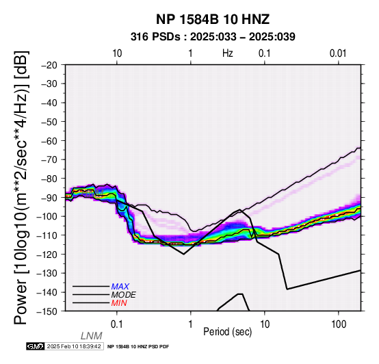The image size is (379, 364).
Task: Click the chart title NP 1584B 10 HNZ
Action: [x=213, y=19]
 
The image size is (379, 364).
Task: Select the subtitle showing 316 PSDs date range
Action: [x=213, y=37]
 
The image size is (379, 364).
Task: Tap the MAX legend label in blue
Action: [x=120, y=287]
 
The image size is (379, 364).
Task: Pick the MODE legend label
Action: [x=124, y=295]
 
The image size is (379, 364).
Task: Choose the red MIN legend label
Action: [x=119, y=303]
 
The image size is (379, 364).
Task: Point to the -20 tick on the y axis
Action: [x=49, y=65]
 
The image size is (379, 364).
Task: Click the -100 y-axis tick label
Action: [x=47, y=216]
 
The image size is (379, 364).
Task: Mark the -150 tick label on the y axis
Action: [x=47, y=311]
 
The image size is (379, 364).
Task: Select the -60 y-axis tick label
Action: [x=49, y=140]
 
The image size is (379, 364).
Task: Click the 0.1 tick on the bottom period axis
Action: [x=117, y=324]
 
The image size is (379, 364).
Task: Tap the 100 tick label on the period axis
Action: [x=339, y=324]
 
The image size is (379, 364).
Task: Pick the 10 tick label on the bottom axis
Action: [x=265, y=324]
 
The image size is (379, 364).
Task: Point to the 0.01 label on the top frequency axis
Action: [x=338, y=53]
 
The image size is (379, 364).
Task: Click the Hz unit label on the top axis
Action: [x=227, y=53]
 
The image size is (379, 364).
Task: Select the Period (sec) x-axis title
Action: [x=227, y=332]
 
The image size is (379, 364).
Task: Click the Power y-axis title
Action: [x=21, y=187]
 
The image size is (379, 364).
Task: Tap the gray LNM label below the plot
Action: [x=92, y=336]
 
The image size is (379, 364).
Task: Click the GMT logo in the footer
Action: [x=36, y=346]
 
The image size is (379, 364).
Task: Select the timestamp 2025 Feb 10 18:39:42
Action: [x=74, y=346]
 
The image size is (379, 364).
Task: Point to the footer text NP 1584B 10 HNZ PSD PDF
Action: [x=138, y=347]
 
